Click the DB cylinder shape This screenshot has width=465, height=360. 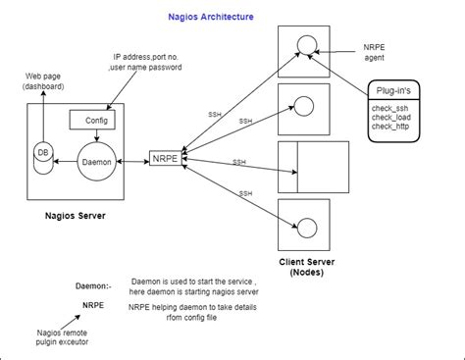coord(42,158)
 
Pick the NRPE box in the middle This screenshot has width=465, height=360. coord(164,157)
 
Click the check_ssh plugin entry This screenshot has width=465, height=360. coord(389,107)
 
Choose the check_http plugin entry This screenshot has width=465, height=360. coord(389,127)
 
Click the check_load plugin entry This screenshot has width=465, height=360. coord(389,117)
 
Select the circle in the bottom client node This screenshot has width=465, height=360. coord(308,227)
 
